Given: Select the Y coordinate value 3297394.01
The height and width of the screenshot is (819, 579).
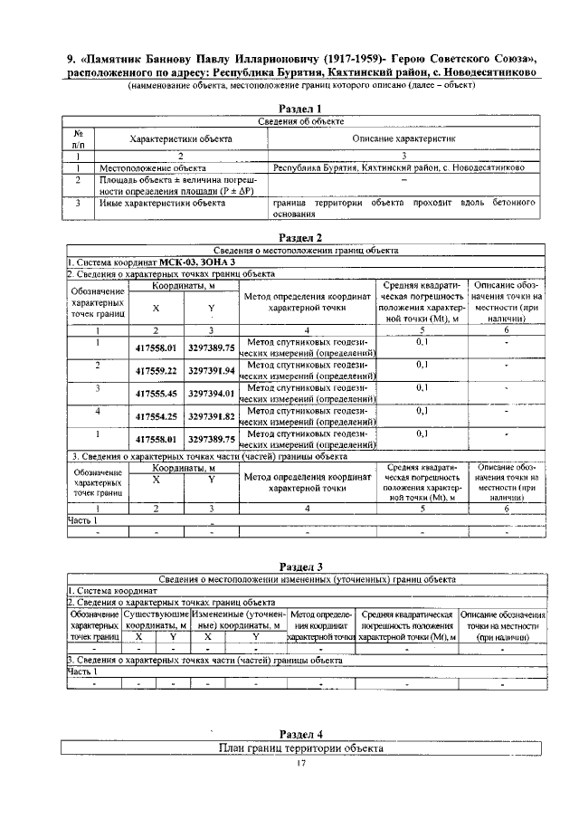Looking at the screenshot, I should point(211,394).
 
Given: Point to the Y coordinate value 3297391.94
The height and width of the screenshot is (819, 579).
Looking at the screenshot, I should point(211,370).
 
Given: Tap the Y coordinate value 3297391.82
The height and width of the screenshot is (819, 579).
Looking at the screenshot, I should point(211,416).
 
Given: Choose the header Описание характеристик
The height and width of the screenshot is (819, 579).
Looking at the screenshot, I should point(403,138).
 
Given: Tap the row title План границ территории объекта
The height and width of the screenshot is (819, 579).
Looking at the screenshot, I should point(301,748).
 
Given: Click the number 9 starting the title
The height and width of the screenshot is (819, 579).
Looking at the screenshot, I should point(71,61).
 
